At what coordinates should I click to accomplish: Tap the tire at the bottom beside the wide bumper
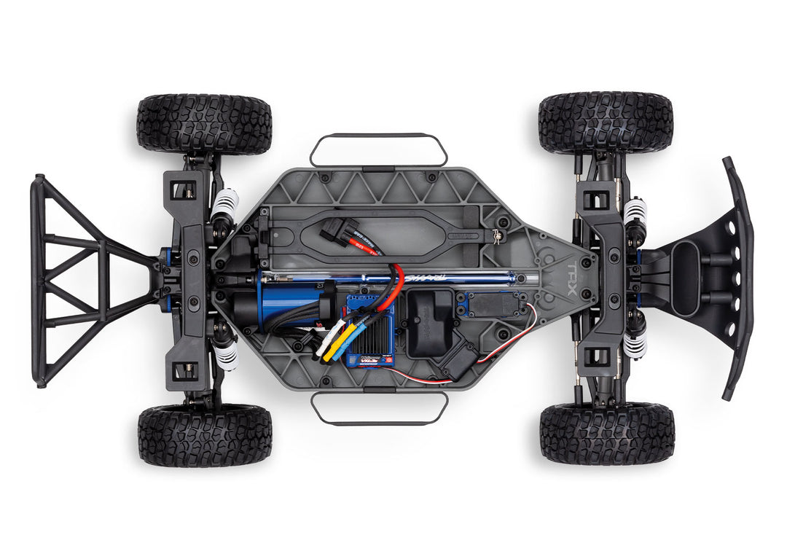tap(607, 434)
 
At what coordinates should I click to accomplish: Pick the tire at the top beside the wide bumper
tap(606, 122)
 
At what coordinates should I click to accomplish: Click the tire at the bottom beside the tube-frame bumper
tap(205, 436)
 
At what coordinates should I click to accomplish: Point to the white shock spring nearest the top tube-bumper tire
tap(225, 204)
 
